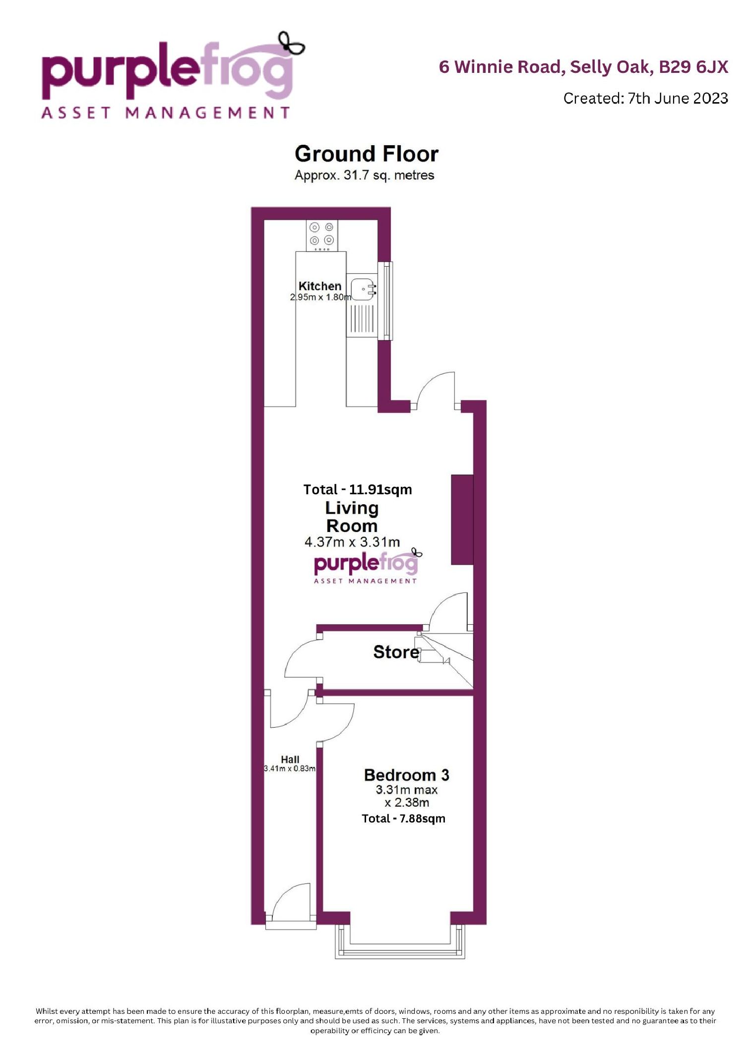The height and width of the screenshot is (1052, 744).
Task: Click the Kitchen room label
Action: coord(320,286)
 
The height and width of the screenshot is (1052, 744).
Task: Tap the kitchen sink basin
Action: coord(363,290)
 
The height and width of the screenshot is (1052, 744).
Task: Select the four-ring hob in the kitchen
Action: coord(322,234)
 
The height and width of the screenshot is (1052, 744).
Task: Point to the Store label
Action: coord(396,652)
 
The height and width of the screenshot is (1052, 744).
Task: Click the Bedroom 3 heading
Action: coord(406,775)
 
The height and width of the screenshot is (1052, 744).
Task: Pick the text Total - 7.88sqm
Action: coord(403,818)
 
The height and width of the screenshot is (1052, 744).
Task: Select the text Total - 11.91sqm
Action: coord(358,489)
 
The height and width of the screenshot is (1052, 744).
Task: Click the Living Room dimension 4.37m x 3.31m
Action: coord(352,542)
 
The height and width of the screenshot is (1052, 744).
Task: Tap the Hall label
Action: coord(290,760)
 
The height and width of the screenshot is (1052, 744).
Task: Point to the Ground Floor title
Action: coord(367,154)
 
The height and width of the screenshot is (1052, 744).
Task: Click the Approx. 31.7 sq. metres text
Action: coord(365,175)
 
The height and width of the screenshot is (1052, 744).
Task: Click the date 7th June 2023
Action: coord(678,98)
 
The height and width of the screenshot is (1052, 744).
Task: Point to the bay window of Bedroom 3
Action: coord(400,940)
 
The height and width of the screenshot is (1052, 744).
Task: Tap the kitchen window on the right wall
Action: coord(385,301)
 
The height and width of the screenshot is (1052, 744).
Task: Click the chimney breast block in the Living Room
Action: coord(462,520)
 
